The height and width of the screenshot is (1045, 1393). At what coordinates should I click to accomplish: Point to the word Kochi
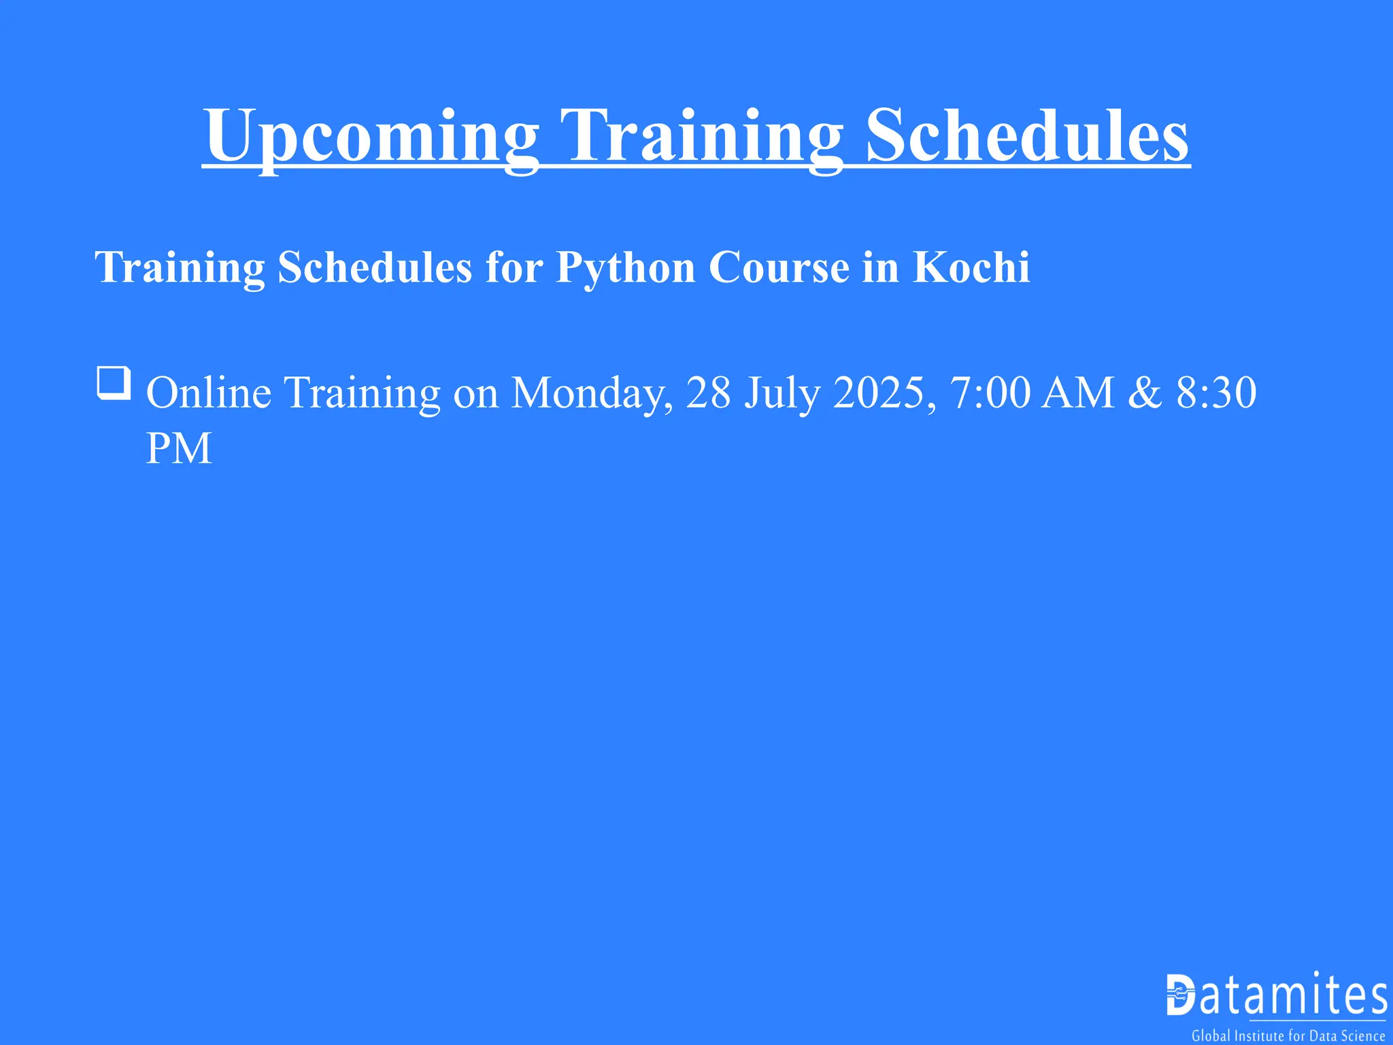click(x=971, y=267)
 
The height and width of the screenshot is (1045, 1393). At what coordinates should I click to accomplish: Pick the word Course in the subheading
click(x=779, y=267)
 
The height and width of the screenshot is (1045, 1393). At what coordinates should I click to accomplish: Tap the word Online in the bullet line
click(x=209, y=393)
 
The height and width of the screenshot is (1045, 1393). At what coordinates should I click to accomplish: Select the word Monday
click(x=592, y=394)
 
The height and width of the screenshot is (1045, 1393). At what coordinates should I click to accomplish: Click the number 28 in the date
click(x=708, y=393)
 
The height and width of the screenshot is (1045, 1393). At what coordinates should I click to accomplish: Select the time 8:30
click(x=1216, y=393)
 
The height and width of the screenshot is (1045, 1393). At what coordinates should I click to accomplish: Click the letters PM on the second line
click(x=179, y=448)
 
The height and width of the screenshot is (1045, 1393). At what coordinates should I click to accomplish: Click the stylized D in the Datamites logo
click(x=1181, y=995)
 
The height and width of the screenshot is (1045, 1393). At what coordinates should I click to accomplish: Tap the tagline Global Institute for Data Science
click(x=1288, y=1036)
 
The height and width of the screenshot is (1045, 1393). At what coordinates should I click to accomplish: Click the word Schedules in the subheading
click(x=375, y=267)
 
